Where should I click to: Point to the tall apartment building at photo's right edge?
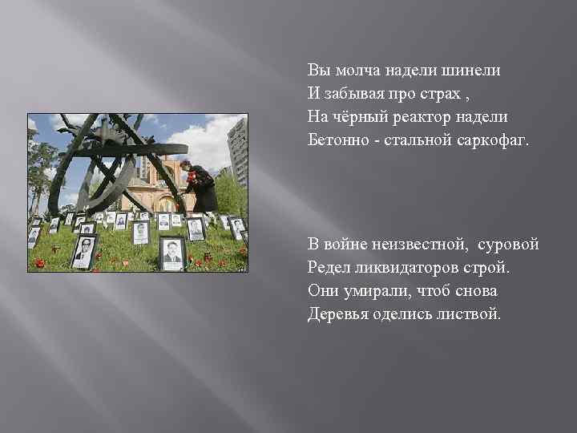(238, 152)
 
